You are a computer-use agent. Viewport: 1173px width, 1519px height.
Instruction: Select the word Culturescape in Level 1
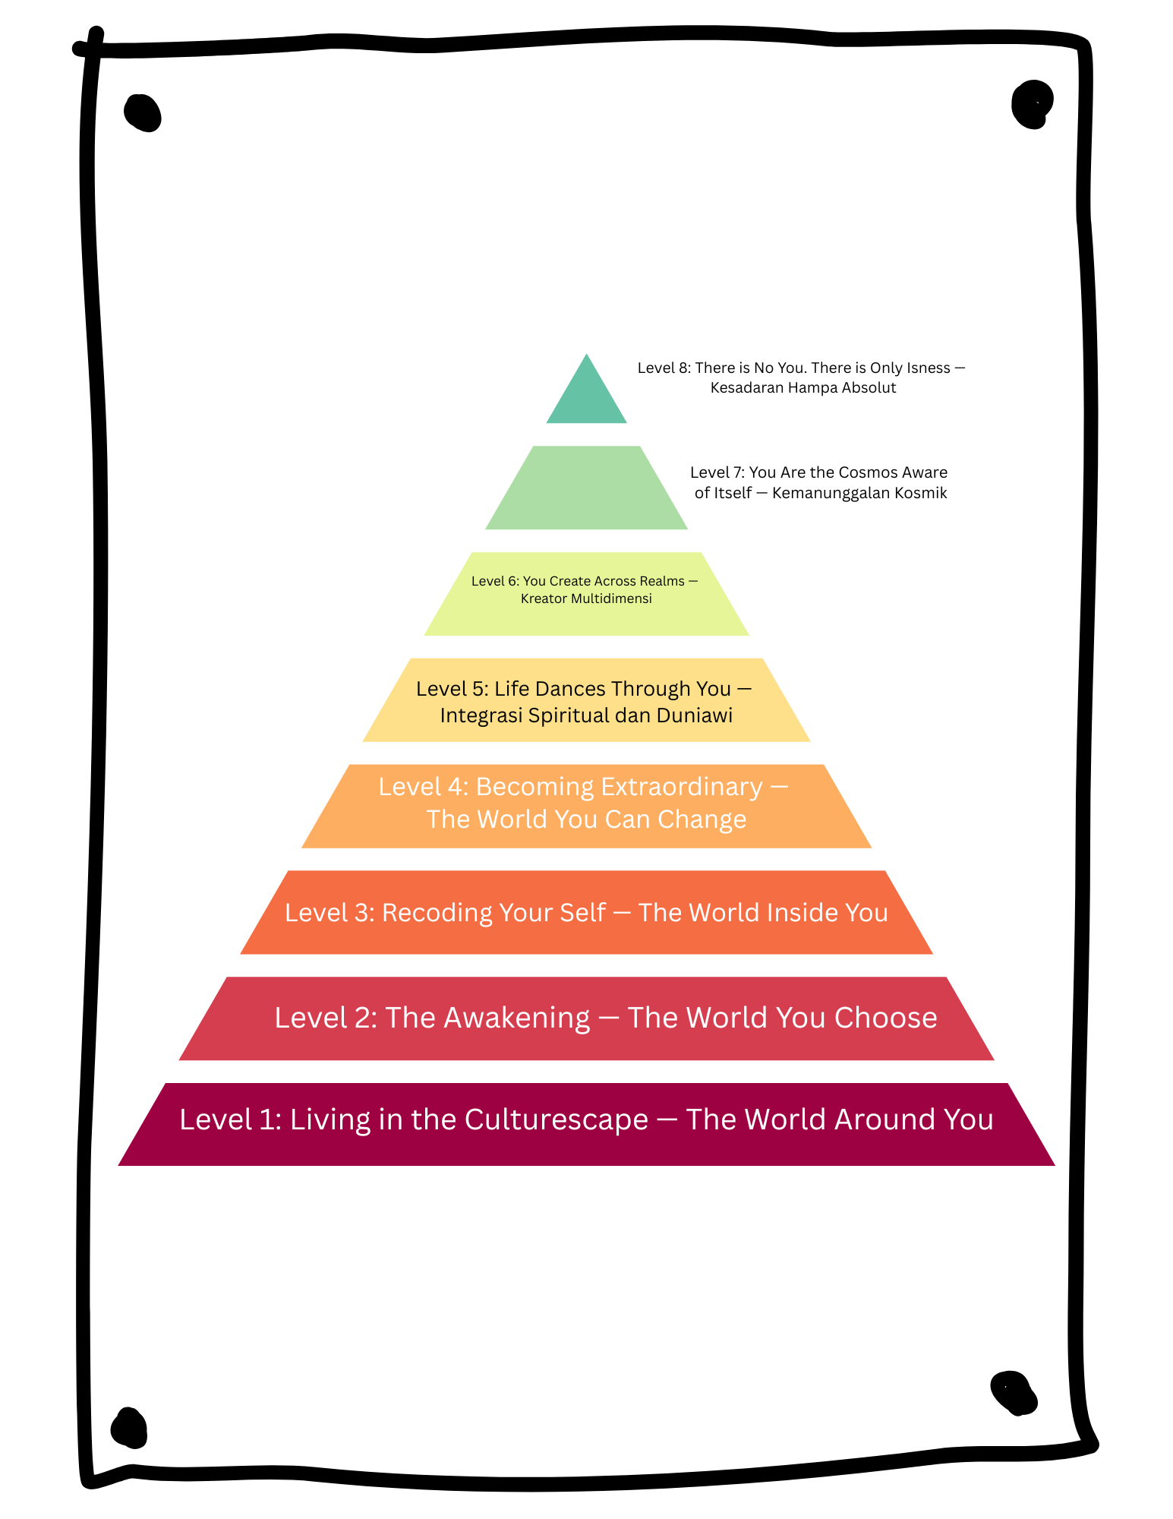click(x=556, y=1120)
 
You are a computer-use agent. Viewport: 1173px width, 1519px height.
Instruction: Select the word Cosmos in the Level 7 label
click(x=868, y=472)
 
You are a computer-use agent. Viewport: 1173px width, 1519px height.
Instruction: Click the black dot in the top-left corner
click(x=143, y=113)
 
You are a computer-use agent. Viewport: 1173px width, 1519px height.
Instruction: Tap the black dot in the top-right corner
click(x=1032, y=103)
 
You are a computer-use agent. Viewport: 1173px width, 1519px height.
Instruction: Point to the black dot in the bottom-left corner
click(x=129, y=1427)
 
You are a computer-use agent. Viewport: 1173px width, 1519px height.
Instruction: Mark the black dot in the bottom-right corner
click(x=1014, y=1392)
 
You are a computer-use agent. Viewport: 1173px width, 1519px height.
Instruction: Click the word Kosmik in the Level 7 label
click(x=921, y=493)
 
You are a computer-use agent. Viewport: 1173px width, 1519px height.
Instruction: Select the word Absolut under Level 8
click(x=869, y=388)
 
